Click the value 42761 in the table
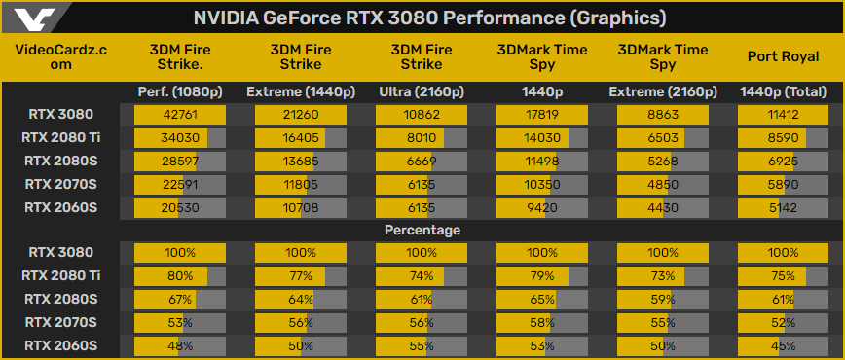180,115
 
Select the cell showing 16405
301,138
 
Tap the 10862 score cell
422,115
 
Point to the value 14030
542,138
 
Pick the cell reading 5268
663,161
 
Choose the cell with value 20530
180,206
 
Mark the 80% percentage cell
180,275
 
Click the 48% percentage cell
180,344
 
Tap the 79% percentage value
542,275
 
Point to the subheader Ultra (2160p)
422,92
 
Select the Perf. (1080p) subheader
180,92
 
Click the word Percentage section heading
422,230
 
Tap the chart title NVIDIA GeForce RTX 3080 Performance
429,18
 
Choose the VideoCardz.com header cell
60,55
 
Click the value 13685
301,161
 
